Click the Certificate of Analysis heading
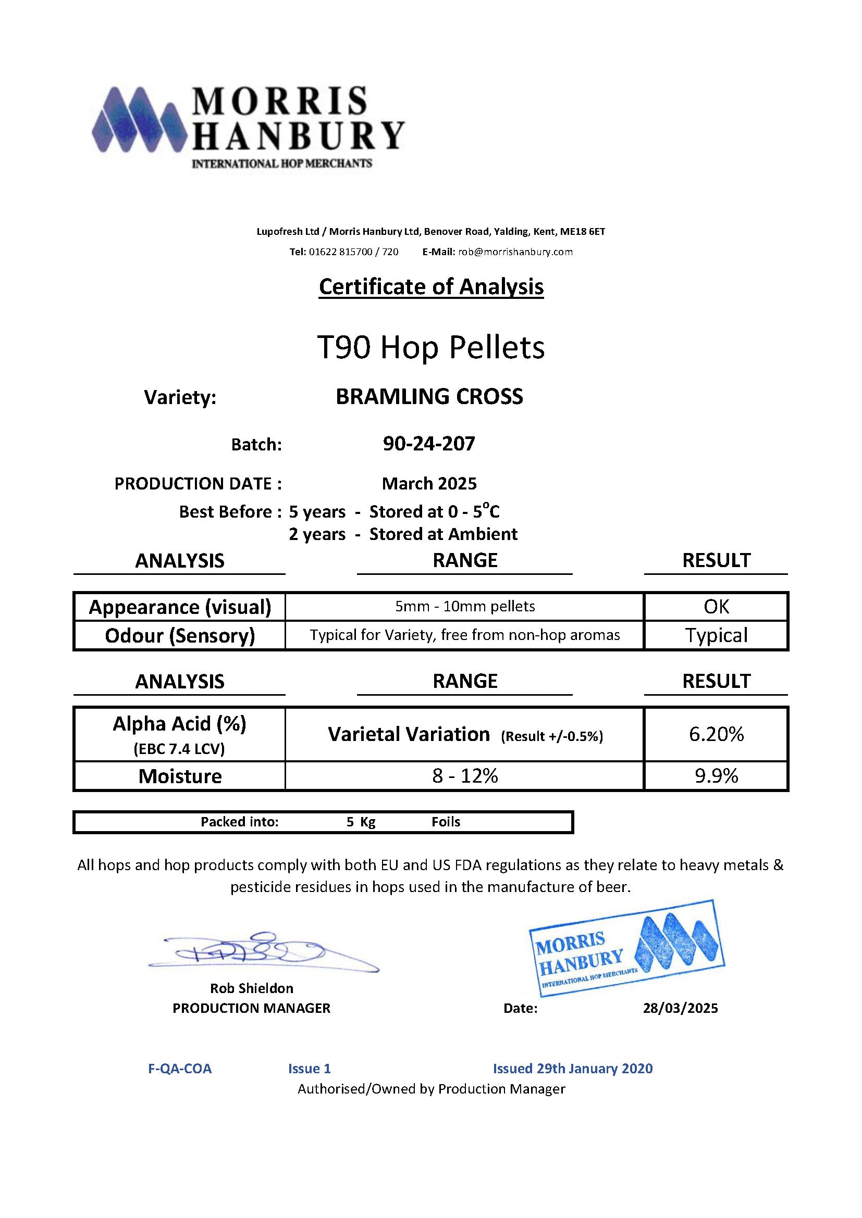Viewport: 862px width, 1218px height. (x=431, y=287)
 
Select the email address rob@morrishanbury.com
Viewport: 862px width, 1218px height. (x=515, y=252)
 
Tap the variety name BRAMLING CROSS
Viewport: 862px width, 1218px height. (x=429, y=397)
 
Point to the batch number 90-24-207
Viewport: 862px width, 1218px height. (x=429, y=444)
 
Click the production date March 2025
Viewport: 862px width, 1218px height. (x=429, y=483)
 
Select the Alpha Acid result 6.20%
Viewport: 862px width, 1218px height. (x=716, y=734)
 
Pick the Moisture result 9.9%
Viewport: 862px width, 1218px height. (x=716, y=776)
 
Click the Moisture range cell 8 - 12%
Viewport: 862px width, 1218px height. (x=465, y=776)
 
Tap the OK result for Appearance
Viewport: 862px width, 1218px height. (x=716, y=606)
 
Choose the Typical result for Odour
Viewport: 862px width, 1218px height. (x=716, y=635)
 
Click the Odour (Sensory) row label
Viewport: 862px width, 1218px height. (x=180, y=635)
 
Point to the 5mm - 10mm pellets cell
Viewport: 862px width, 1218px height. (x=465, y=606)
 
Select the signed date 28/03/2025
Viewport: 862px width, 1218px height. (x=680, y=1008)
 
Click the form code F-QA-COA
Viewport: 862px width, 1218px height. (x=180, y=1069)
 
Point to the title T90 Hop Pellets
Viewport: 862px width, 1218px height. (x=430, y=348)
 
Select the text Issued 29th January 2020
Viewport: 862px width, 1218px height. (x=573, y=1069)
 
